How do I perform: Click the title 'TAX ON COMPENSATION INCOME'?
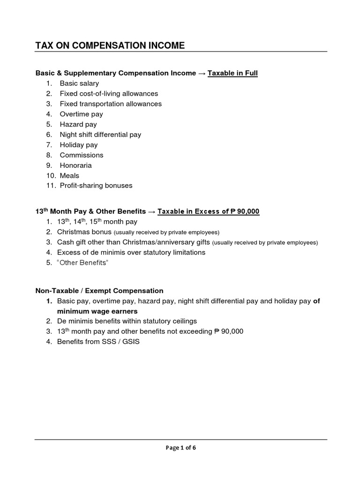tap(110, 45)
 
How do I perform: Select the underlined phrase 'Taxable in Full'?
tap(232, 73)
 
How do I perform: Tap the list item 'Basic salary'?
tap(79, 83)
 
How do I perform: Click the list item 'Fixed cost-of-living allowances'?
tap(109, 94)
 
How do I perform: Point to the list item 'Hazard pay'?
tap(78, 124)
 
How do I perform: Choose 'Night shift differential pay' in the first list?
tap(100, 135)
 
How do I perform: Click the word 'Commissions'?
tap(82, 155)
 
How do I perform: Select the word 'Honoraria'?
tap(75, 165)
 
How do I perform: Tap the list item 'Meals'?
tap(69, 176)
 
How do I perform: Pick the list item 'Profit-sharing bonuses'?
tap(96, 186)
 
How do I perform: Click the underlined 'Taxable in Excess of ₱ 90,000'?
tap(208, 211)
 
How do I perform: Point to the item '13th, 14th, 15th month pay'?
tap(97, 222)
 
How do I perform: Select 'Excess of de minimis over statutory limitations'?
tap(131, 252)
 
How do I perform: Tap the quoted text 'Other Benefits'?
tap(82, 262)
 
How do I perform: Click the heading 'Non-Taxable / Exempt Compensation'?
tap(99, 291)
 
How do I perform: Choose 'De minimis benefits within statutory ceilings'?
tap(127, 321)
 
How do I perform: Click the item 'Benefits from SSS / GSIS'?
tap(98, 342)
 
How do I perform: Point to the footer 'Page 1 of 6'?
tap(181, 448)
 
